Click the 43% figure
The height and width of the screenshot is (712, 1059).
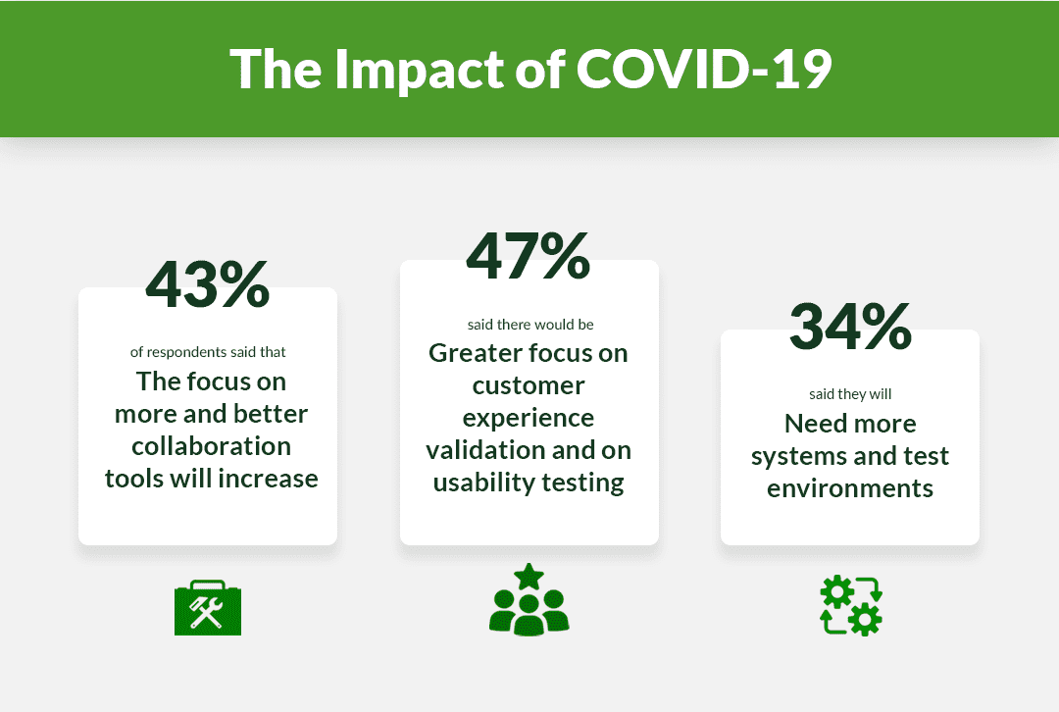[207, 285]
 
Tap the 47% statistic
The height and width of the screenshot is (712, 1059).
[529, 256]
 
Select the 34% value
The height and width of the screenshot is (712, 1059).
[850, 327]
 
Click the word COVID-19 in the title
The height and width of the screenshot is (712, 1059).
[704, 69]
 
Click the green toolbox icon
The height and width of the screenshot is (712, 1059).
[207, 607]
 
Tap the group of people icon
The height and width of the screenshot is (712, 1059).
[529, 600]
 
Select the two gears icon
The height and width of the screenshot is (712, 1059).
[851, 605]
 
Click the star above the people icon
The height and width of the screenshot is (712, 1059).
[529, 577]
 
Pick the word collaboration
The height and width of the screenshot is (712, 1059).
[212, 446]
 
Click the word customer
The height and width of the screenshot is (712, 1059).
[529, 385]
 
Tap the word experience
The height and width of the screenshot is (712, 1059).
[529, 419]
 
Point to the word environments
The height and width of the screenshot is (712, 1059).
[850, 488]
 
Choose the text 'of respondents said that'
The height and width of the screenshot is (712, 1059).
[208, 352]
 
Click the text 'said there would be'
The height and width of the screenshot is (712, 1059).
[530, 325]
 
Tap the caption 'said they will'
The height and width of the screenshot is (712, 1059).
[850, 394]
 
